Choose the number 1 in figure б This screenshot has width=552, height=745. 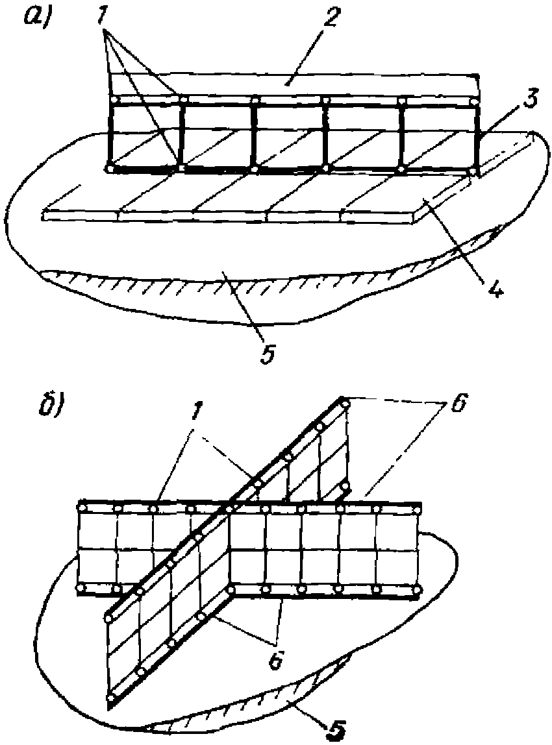point(196,419)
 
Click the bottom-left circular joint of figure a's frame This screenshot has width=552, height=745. point(110,168)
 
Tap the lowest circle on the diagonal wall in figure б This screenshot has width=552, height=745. point(111,698)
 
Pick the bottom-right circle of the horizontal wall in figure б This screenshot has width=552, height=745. point(417,591)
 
